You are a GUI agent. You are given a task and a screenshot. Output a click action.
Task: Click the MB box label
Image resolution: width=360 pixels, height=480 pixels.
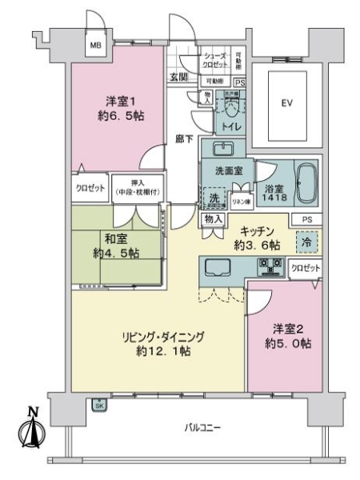coord(94,44)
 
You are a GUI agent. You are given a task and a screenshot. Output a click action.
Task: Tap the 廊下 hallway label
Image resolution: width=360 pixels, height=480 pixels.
coord(184,138)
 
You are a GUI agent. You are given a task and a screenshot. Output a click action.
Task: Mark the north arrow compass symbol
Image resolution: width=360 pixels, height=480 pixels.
coord(33,430)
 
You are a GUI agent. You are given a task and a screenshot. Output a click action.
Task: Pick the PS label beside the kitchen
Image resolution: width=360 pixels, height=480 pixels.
coord(307,218)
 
